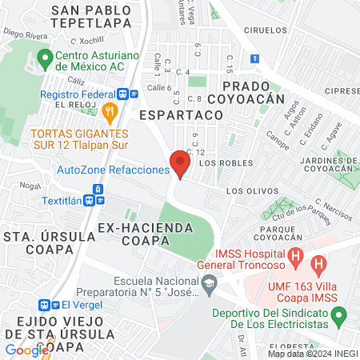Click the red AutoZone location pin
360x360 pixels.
point(180,165)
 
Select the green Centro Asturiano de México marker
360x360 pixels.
point(45,58)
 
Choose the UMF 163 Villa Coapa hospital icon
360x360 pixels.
point(318,262)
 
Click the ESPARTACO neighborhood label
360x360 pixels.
point(180,115)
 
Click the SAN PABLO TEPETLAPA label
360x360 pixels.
point(102,17)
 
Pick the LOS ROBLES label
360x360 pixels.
point(219,162)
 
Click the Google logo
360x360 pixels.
point(26,350)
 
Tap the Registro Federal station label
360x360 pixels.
point(78,93)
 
